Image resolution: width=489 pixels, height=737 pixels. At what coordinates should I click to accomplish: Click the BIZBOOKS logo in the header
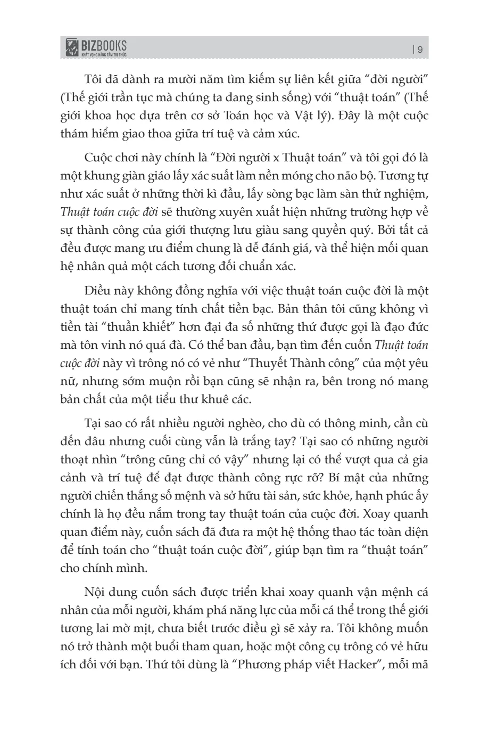[96, 48]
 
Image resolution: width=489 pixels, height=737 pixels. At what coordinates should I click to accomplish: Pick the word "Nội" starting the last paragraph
[95, 593]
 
